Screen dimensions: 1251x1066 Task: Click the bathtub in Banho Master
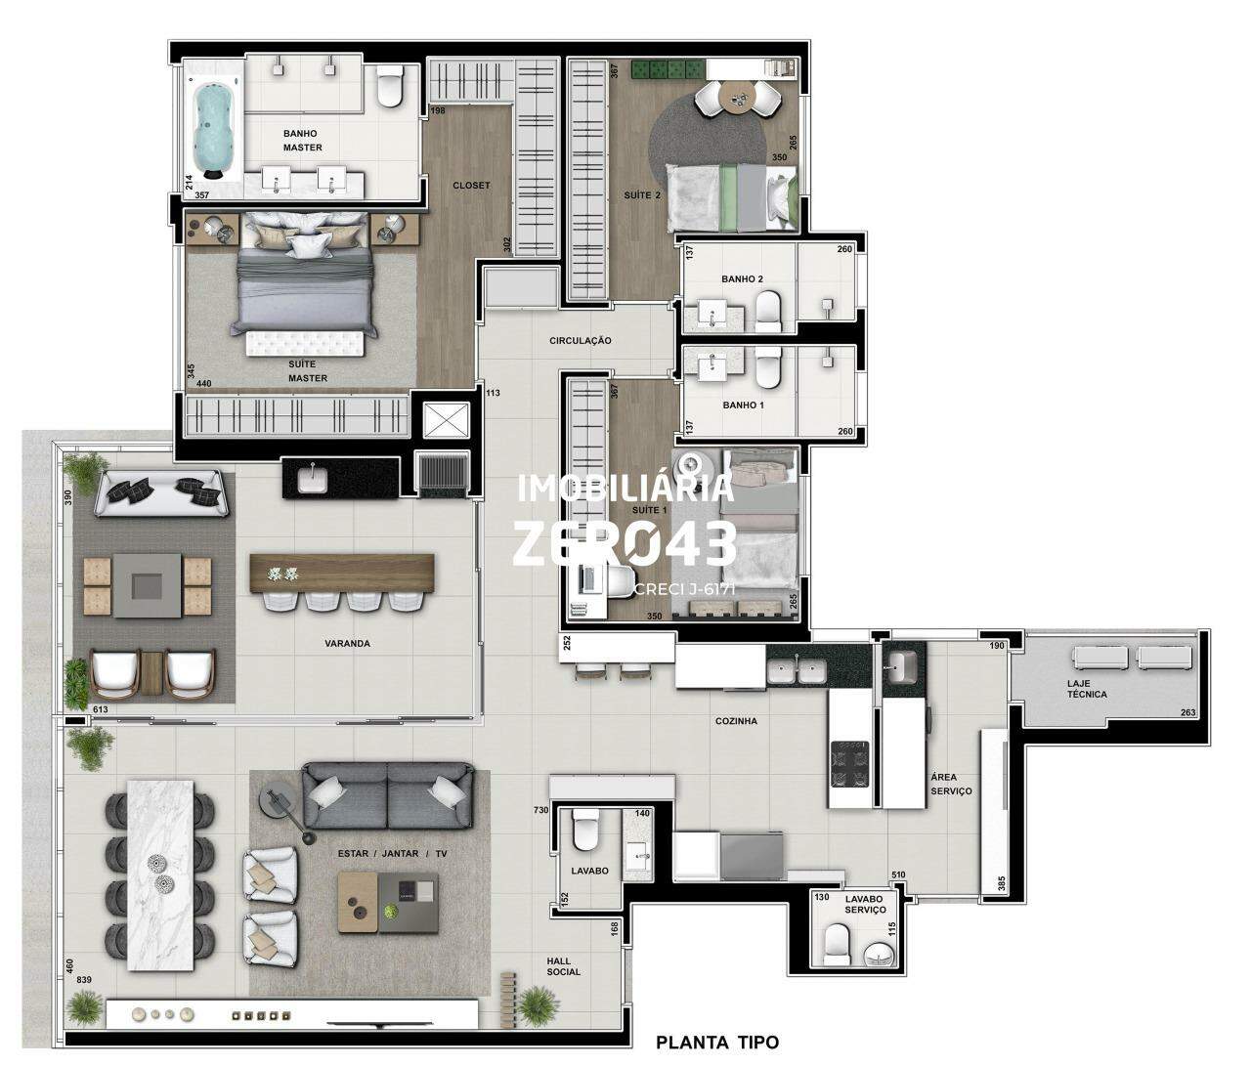coord(211,128)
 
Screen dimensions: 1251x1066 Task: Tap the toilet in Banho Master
coord(390,86)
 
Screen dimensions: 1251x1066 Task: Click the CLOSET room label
coord(471,185)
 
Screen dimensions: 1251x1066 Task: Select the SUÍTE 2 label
coord(642,194)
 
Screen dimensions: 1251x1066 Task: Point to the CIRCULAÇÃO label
coord(581,341)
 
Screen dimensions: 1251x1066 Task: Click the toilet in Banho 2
coord(768,311)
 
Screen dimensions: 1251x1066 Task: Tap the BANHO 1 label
coord(743,405)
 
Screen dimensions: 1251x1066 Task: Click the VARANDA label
coord(347,643)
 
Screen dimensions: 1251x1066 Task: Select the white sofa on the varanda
coord(162,493)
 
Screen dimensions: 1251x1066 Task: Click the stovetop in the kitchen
coord(849,764)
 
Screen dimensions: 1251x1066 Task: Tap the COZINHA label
coord(736,720)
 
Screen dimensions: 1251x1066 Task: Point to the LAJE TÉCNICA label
coord(1087,689)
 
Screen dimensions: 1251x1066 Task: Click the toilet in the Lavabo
coord(584,830)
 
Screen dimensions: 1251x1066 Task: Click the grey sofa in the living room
coord(388,796)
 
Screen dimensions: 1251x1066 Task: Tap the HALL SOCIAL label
coord(564,966)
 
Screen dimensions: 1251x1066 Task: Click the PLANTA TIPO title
coord(717,1042)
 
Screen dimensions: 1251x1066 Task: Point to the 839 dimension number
coord(84,980)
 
